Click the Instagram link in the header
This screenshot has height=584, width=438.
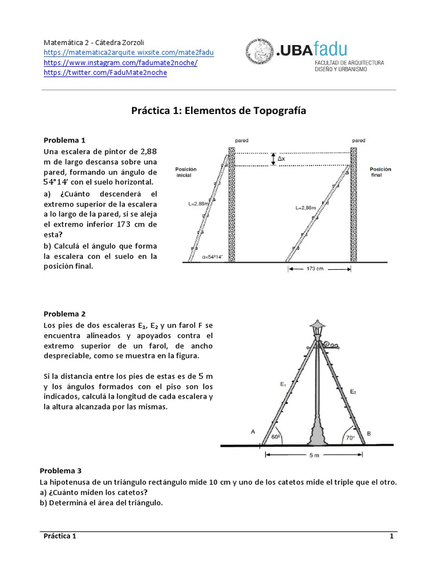coord(120,63)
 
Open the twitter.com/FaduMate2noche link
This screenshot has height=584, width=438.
coord(106,73)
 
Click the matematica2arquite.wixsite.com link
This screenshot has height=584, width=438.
coord(129,52)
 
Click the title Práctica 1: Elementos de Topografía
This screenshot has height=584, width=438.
coord(219,111)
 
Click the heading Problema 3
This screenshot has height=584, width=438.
coord(60,471)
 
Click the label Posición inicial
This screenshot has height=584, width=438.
coord(186,172)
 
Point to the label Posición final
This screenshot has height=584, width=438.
coord(380,172)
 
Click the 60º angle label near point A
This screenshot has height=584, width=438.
coord(275,437)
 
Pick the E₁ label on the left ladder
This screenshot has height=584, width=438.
coord(283,385)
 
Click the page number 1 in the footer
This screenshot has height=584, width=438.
coord(391,537)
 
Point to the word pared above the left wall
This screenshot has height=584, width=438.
coord(241,140)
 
